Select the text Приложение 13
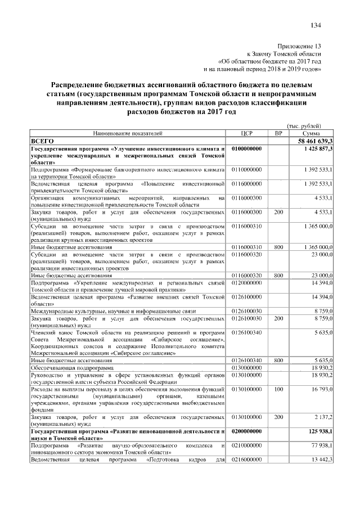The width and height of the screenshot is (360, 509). pos(300,45)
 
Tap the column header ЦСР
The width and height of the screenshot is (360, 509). pos(248,133)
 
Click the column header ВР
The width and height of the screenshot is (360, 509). pos(278,133)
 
